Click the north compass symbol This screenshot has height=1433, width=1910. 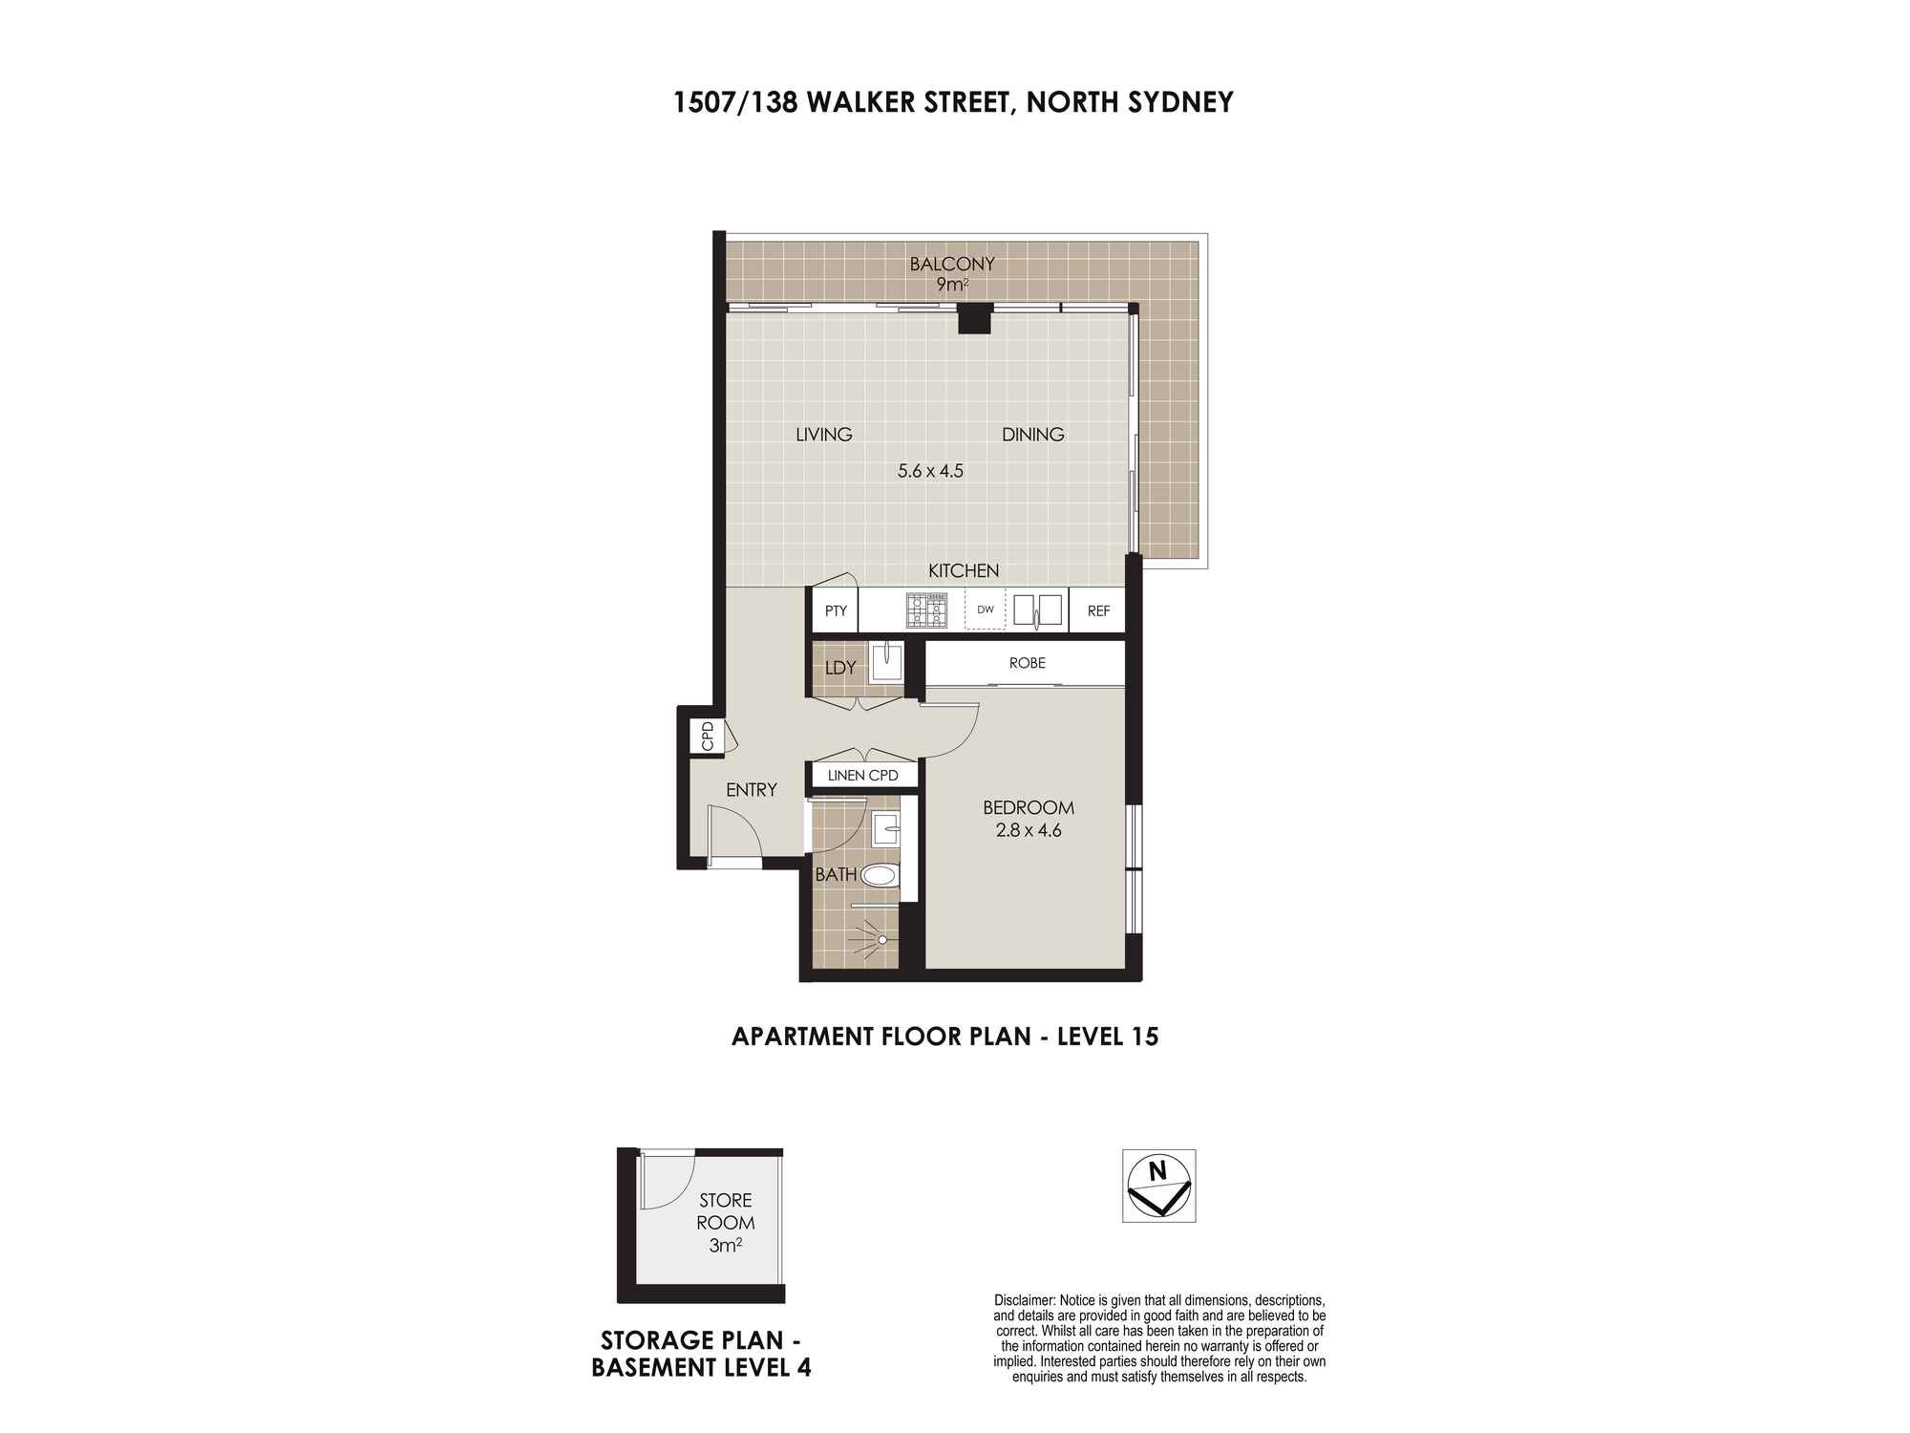1158,1185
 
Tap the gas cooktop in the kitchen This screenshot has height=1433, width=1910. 927,610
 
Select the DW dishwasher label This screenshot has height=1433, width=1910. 986,610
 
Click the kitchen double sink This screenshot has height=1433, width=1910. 1037,610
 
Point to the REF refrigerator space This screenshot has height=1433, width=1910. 1098,611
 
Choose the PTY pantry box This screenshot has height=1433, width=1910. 836,611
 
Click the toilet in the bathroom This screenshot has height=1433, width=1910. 880,874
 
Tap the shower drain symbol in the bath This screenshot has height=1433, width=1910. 882,940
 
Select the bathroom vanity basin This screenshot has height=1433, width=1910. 885,830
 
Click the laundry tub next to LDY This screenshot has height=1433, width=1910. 886,664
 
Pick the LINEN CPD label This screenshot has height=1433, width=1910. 863,775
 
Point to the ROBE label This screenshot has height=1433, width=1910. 1027,663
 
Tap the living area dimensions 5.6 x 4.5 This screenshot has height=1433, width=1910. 930,470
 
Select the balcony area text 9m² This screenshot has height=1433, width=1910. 952,284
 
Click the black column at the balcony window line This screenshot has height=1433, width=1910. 976,318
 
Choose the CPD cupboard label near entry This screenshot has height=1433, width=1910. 708,736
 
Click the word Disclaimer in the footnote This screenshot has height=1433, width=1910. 1024,1300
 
